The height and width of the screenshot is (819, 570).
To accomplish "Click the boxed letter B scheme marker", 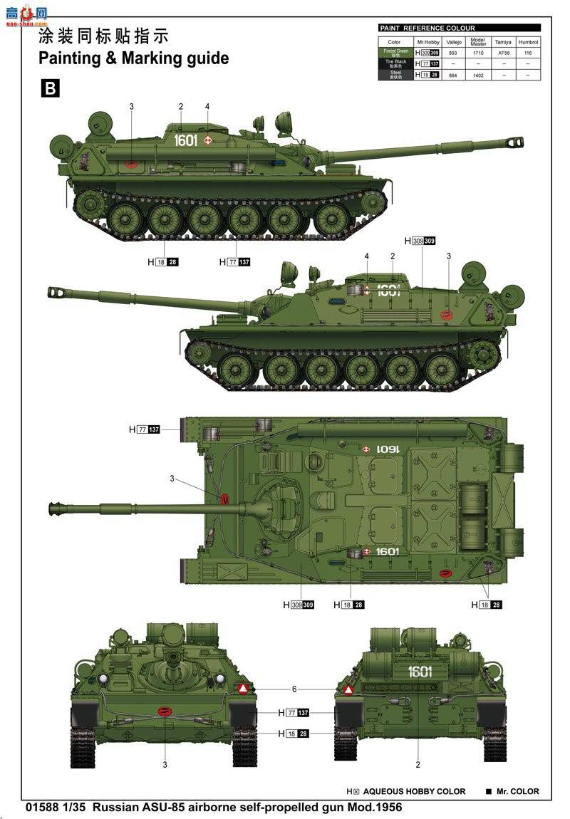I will pyautogui.click(x=50, y=88).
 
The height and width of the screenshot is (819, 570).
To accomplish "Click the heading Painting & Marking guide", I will pyautogui.click(x=133, y=58).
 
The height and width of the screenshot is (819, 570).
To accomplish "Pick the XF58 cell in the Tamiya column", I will pyautogui.click(x=503, y=53).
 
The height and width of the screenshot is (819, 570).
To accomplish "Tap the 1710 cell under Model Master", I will pyautogui.click(x=478, y=53).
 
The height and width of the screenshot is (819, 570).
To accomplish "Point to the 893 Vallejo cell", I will pyautogui.click(x=453, y=53).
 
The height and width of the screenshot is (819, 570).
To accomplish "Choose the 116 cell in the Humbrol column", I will pyautogui.click(x=528, y=53).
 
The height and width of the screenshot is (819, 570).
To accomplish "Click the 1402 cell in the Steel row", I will pyautogui.click(x=478, y=74).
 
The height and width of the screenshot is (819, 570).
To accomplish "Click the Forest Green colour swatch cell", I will pyautogui.click(x=395, y=53).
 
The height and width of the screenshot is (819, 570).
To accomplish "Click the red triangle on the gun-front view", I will pyautogui.click(x=243, y=689).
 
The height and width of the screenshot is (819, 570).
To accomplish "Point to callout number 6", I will pyautogui.click(x=294, y=689).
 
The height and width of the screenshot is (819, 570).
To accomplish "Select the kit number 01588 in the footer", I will pyautogui.click(x=41, y=808).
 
